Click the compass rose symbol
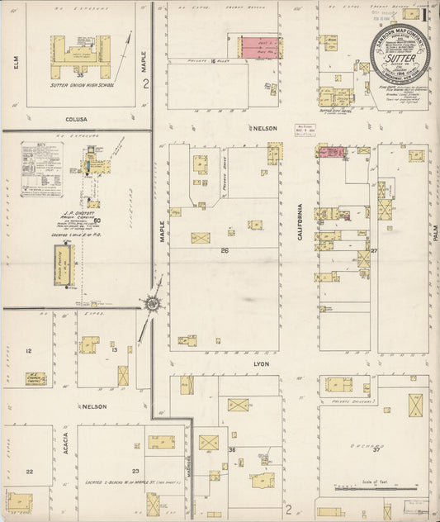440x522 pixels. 153,305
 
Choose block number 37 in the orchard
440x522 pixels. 376,449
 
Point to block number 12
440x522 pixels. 29,351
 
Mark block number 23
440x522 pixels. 135,446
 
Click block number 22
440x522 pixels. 29,472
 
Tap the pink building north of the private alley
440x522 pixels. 258,47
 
